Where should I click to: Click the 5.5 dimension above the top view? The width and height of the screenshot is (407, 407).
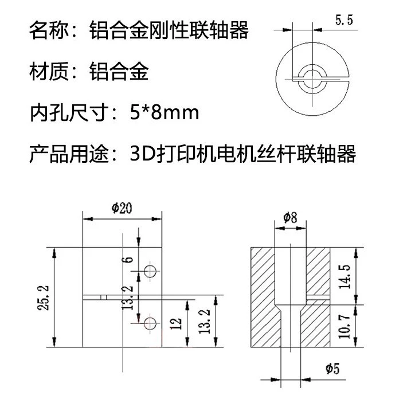pyautogui.click(x=344, y=20)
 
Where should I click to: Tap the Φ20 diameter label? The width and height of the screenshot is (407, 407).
pyautogui.click(x=122, y=208)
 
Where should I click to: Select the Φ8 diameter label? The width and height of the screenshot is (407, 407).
pyautogui.click(x=290, y=217)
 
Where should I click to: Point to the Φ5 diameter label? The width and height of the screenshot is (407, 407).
pyautogui.click(x=332, y=369)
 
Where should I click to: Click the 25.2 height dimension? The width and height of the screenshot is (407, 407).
pyautogui.click(x=43, y=298)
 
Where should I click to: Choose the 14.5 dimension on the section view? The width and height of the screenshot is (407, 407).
pyautogui.click(x=345, y=277)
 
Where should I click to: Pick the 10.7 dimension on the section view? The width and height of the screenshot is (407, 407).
pyautogui.click(x=345, y=326)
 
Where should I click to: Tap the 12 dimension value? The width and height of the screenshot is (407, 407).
pyautogui.click(x=176, y=323)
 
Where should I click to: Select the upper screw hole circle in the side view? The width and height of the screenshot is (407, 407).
pyautogui.click(x=150, y=271)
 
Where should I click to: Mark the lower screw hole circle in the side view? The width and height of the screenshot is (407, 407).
pyautogui.click(x=150, y=323)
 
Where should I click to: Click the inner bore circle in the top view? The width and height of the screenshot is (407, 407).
pyautogui.click(x=312, y=79)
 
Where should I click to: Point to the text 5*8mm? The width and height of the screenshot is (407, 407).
pyautogui.click(x=165, y=113)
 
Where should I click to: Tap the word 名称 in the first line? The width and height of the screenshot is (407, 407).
pyautogui.click(x=49, y=30)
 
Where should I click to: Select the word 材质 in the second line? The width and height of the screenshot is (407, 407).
pyautogui.click(x=49, y=71)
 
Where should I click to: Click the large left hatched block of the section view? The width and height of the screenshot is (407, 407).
pyautogui.click(x=263, y=297)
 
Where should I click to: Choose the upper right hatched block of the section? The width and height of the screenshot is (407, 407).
pyautogui.click(x=318, y=271)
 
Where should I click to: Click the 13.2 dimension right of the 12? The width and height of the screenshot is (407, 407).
pyautogui.click(x=204, y=322)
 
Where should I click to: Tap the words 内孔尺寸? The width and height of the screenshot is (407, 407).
pyautogui.click(x=69, y=113)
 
